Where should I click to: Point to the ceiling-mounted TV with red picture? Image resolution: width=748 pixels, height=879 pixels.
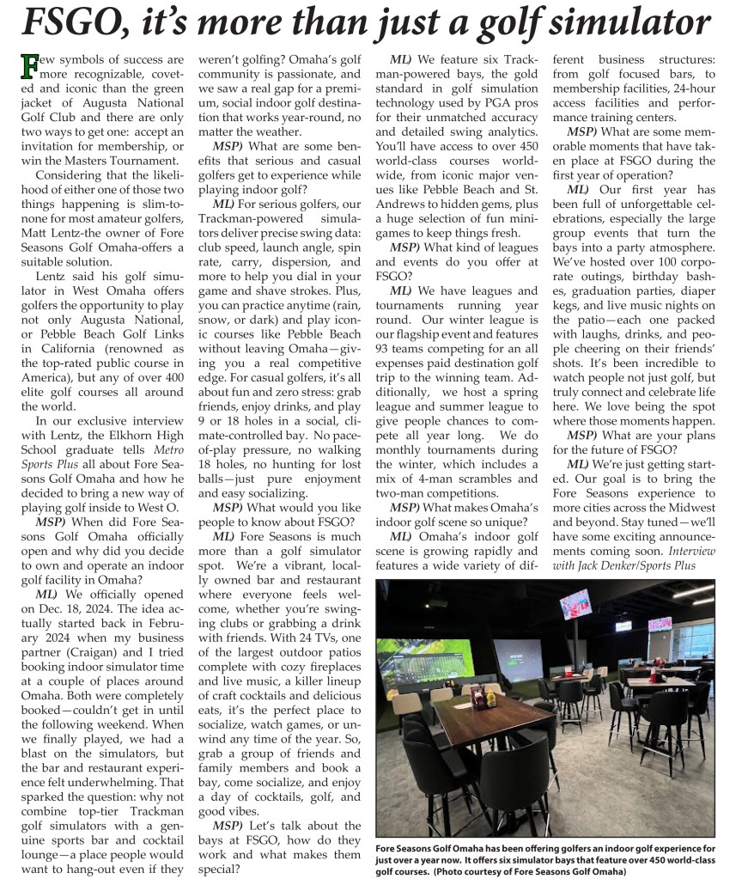click(x=575, y=604)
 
